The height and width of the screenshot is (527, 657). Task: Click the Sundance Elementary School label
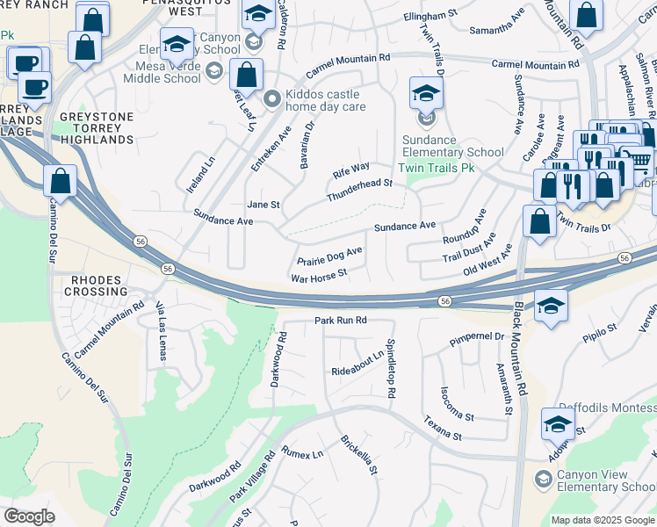click(x=453, y=146)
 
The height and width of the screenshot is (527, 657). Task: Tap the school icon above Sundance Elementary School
click(x=427, y=93)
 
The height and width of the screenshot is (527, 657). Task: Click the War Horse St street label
click(x=319, y=275)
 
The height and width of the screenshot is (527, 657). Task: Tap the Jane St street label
click(x=263, y=205)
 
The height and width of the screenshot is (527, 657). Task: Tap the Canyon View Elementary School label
click(x=607, y=481)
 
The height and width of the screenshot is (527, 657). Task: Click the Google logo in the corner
click(x=29, y=516)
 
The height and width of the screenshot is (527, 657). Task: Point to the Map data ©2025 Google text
click(x=603, y=520)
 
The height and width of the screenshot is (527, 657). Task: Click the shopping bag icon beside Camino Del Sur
click(x=60, y=182)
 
